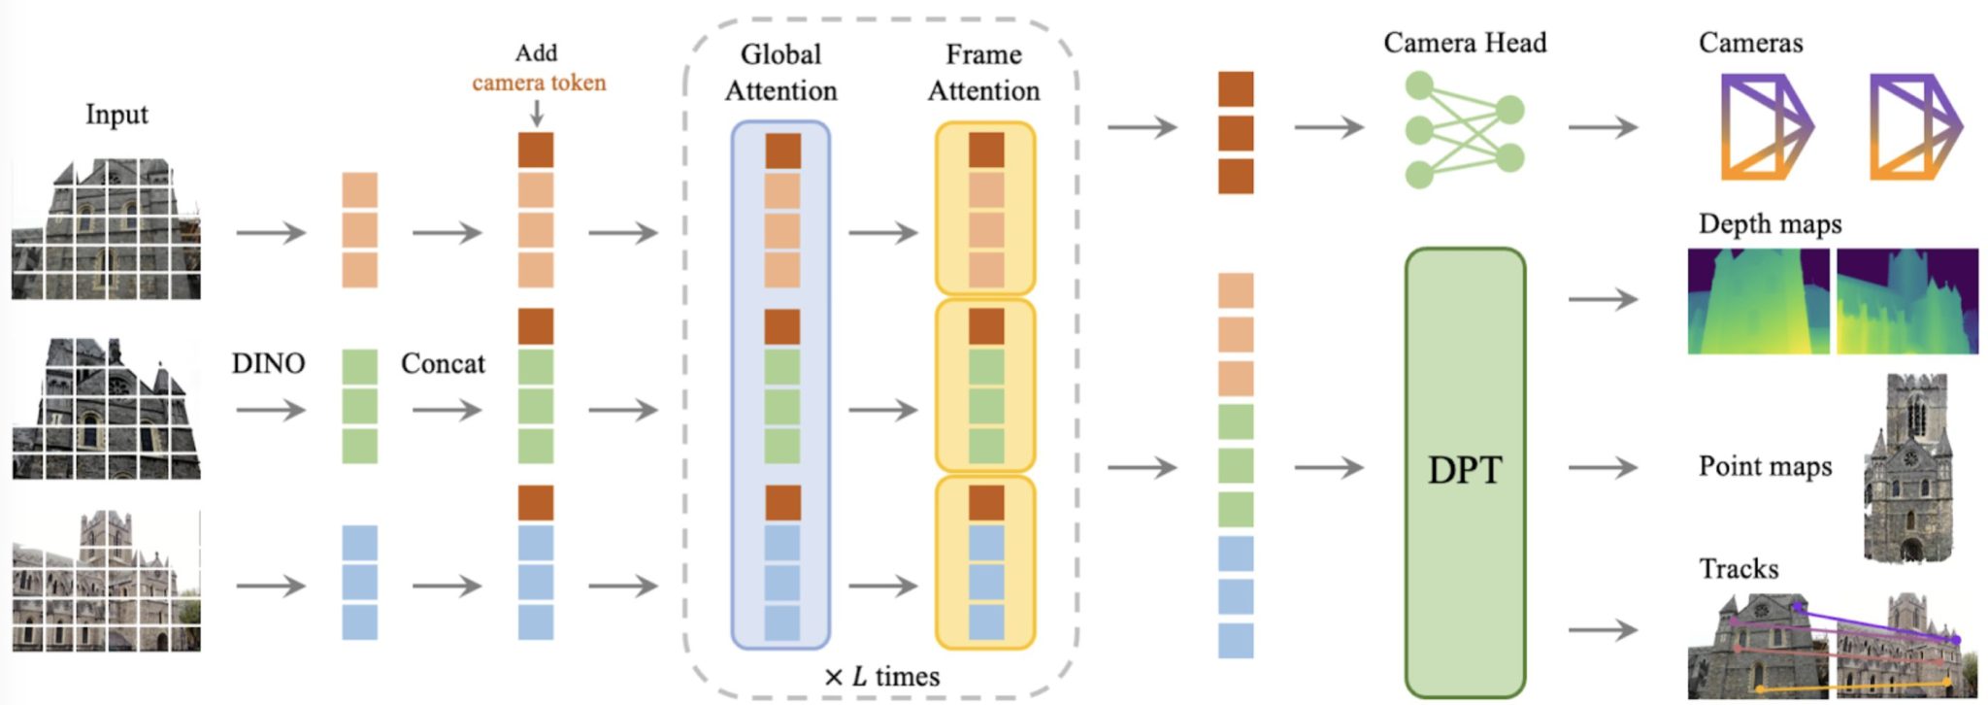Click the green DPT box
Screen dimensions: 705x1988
pyautogui.click(x=1465, y=471)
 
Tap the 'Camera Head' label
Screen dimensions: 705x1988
pyautogui.click(x=1464, y=43)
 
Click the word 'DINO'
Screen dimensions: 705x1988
pyautogui.click(x=268, y=363)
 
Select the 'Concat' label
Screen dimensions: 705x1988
pyautogui.click(x=443, y=363)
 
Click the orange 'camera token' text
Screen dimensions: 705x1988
pyautogui.click(x=539, y=83)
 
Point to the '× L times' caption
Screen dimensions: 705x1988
pyautogui.click(x=881, y=676)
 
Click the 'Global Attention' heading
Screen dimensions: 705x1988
pyautogui.click(x=780, y=72)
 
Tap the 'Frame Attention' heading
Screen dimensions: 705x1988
pyautogui.click(x=983, y=72)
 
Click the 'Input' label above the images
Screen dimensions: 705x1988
pyautogui.click(x=116, y=114)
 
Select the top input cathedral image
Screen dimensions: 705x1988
pyautogui.click(x=106, y=230)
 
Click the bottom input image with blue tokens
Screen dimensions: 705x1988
pyautogui.click(x=106, y=581)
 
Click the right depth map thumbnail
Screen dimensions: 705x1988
pyautogui.click(x=1907, y=300)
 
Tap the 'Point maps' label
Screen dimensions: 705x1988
pyautogui.click(x=1765, y=466)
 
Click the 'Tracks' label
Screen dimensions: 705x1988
pyautogui.click(x=1738, y=568)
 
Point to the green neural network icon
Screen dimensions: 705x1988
pyautogui.click(x=1464, y=130)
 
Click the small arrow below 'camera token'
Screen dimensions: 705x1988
pyautogui.click(x=536, y=114)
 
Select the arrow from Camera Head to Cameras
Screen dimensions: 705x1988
pyautogui.click(x=1603, y=127)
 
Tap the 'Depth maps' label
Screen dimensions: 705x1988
pyautogui.click(x=1770, y=224)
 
